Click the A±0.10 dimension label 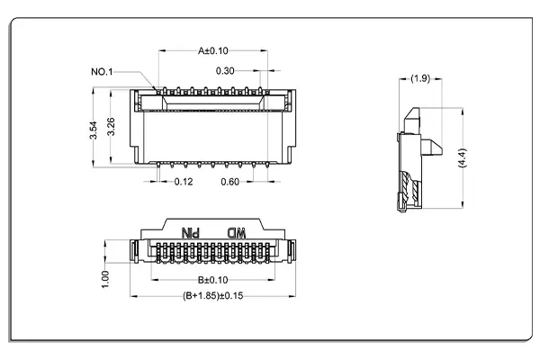213,51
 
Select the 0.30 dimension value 226,70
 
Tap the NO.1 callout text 103,70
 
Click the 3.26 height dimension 111,126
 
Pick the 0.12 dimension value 184,182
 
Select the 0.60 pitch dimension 230,182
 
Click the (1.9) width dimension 419,79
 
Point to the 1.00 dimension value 105,278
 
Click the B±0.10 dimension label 212,280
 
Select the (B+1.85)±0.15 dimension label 212,295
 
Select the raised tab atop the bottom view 213,226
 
